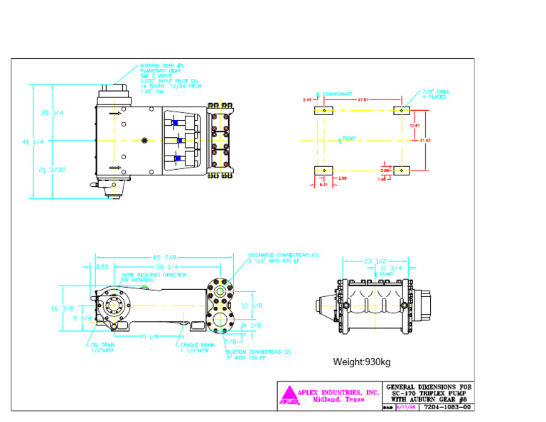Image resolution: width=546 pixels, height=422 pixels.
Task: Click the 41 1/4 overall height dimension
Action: pyautogui.click(x=33, y=141)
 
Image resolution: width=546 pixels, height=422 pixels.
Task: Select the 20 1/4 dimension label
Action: pyautogui.click(x=53, y=113)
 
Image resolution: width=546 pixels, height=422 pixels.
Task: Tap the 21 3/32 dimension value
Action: pyautogui.click(x=53, y=169)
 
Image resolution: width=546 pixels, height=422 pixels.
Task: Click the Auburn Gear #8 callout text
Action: pyautogui.click(x=158, y=65)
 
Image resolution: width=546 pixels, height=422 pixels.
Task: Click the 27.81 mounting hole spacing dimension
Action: pyautogui.click(x=363, y=99)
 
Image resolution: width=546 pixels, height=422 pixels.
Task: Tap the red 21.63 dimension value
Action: pyautogui.click(x=425, y=141)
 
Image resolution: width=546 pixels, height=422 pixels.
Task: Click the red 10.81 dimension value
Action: pyautogui.click(x=414, y=126)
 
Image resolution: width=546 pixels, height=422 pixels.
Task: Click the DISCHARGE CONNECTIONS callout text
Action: pyautogui.click(x=283, y=255)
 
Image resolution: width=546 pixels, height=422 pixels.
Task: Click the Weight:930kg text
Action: pyautogui.click(x=362, y=362)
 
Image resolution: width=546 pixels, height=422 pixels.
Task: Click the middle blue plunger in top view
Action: pyautogui.click(x=181, y=141)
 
